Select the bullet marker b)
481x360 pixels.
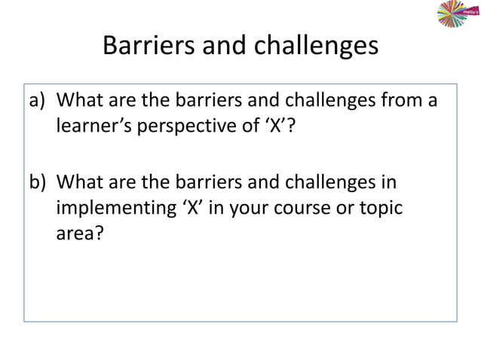tap(38, 183)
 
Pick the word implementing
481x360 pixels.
tap(115, 209)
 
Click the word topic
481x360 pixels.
tap(378, 209)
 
